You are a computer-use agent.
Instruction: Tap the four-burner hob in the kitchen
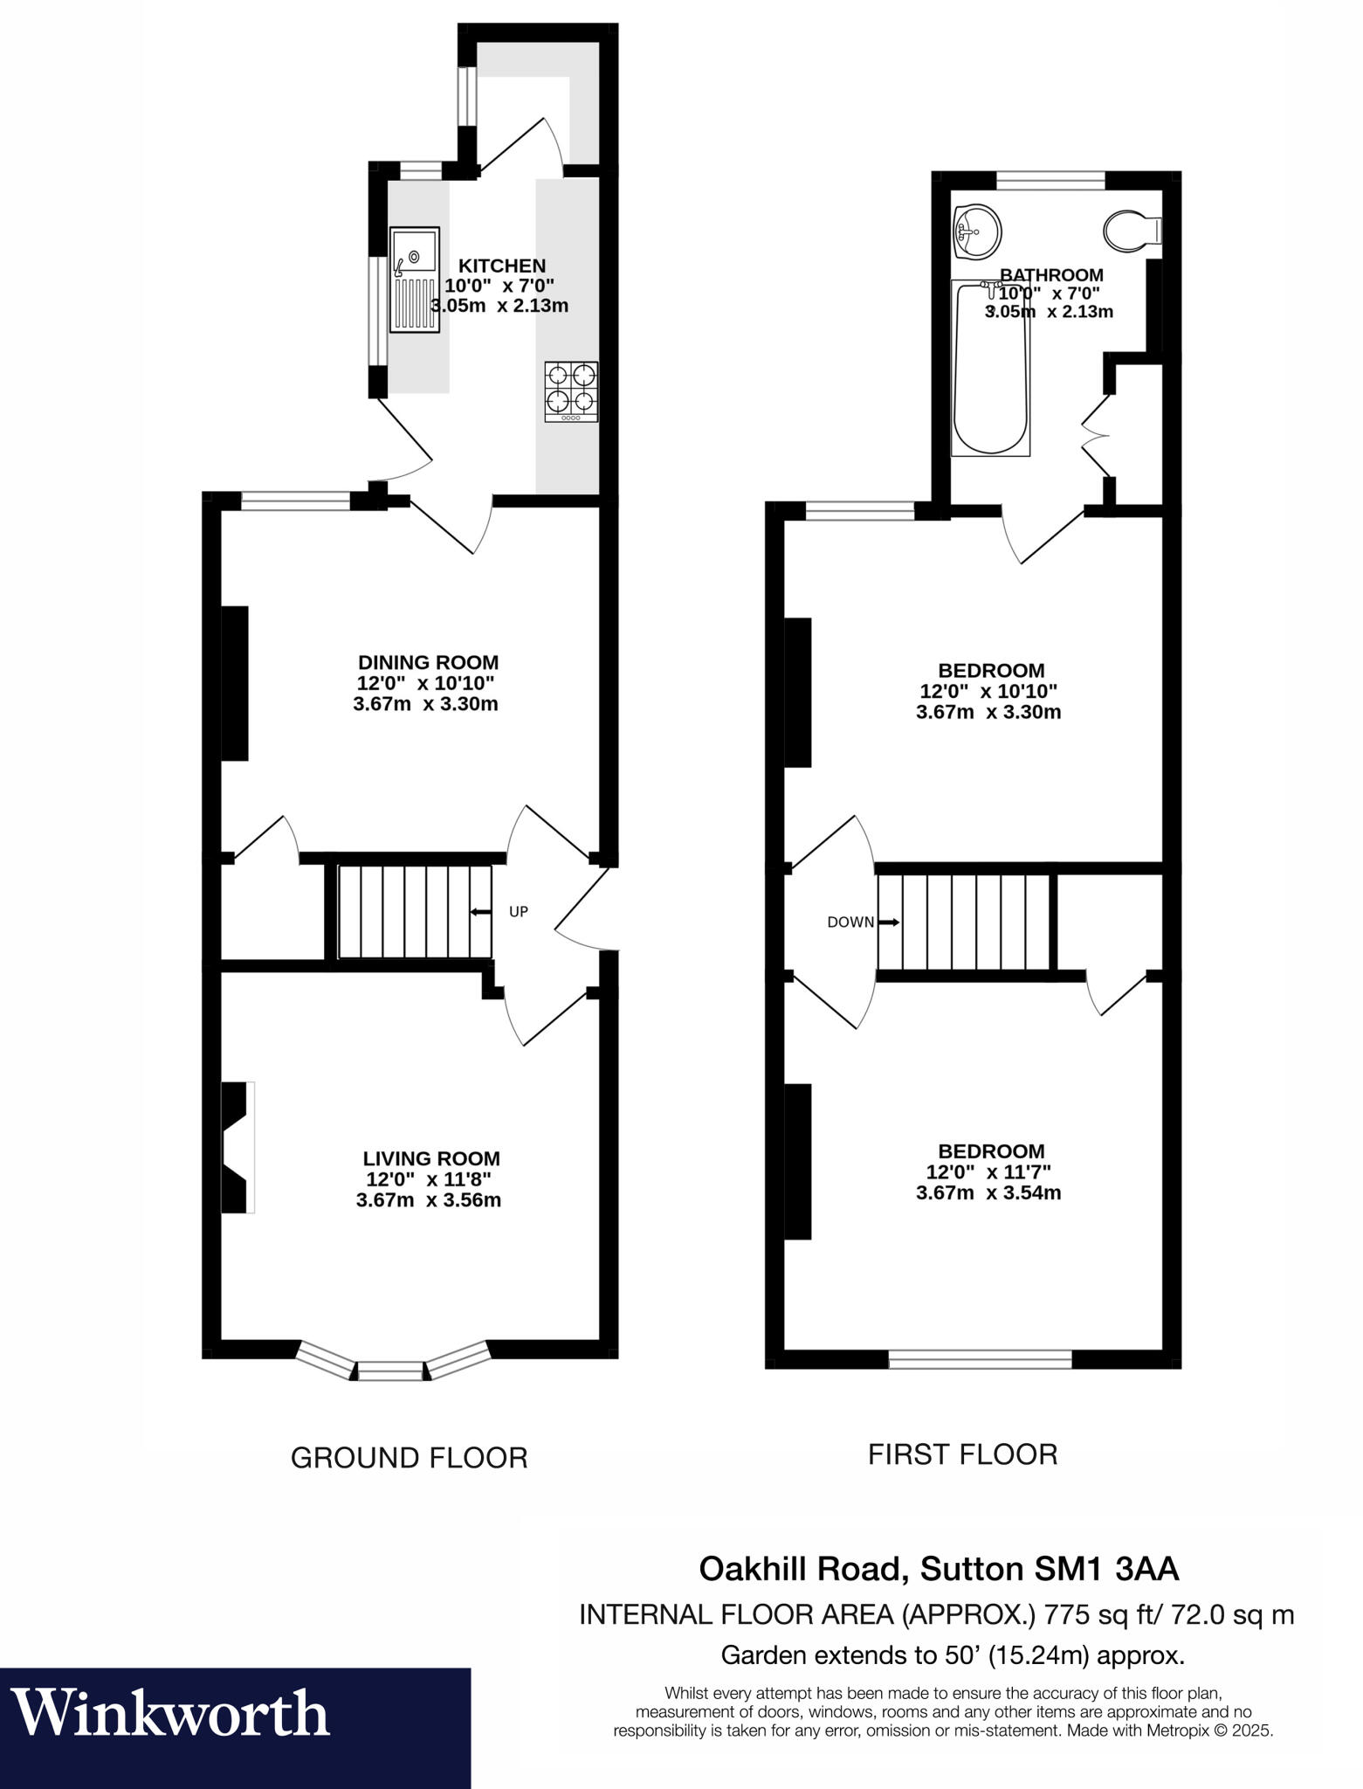[572, 391]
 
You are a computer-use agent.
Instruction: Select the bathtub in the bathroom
[990, 368]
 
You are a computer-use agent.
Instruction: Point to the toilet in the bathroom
[1131, 231]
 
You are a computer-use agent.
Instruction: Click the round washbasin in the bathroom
[977, 232]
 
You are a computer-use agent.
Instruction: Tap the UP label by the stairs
[519, 912]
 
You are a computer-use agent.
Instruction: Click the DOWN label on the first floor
[850, 922]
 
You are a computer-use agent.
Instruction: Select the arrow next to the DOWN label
[889, 922]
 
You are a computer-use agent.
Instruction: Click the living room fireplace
[236, 1147]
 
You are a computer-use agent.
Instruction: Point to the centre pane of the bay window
[390, 1374]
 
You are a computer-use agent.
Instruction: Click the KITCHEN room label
[502, 266]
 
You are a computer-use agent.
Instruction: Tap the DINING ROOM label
[428, 662]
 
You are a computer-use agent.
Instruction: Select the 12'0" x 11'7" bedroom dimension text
[988, 1172]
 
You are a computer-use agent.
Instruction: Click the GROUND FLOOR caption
[409, 1458]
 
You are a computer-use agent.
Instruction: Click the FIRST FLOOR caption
[962, 1454]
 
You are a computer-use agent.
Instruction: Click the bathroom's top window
[1050, 181]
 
